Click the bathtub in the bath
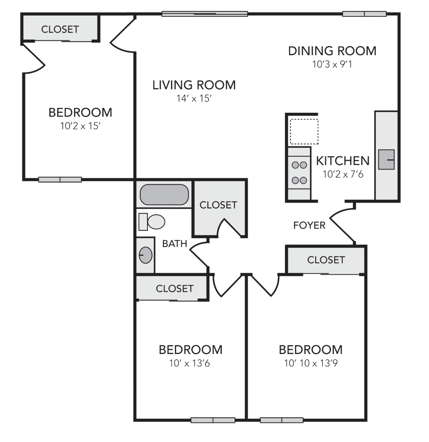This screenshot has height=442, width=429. (x=164, y=194)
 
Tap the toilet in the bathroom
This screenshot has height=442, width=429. (x=152, y=221)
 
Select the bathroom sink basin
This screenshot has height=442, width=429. (x=145, y=255)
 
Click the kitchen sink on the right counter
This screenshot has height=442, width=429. (x=386, y=160)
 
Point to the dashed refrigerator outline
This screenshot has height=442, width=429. (x=304, y=131)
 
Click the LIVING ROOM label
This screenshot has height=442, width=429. (x=194, y=85)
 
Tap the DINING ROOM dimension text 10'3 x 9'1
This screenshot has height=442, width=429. (x=332, y=64)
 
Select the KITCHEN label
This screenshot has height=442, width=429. (x=343, y=161)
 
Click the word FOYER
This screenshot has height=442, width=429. (x=309, y=225)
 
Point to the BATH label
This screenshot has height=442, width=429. (x=175, y=243)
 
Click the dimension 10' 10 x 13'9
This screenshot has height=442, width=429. (x=311, y=363)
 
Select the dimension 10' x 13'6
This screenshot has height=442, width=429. (x=190, y=363)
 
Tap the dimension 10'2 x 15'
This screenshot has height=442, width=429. (x=81, y=126)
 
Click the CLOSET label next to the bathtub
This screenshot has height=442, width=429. (x=218, y=205)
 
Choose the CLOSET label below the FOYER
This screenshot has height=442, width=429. (x=326, y=259)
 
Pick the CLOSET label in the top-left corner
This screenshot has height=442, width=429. (x=60, y=29)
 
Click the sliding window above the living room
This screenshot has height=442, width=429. (x=205, y=14)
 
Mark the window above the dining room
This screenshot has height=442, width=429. (x=364, y=14)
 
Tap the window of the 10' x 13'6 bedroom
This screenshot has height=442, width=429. (x=213, y=420)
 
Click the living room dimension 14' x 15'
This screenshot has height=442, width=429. (x=194, y=98)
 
